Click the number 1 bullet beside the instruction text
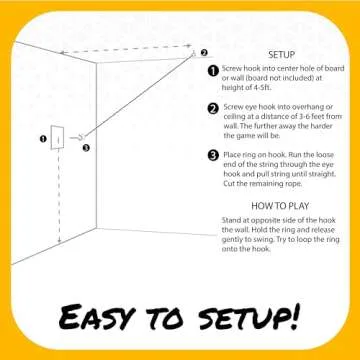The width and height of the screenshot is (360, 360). tap(213, 72)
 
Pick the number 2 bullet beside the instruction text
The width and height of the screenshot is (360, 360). tap(213, 108)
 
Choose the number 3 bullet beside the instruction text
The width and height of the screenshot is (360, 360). tap(213, 155)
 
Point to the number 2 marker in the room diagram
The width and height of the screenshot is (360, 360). tap(203, 53)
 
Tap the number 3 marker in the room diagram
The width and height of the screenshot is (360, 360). tap(86, 148)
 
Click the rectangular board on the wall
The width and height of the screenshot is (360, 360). tap(58, 140)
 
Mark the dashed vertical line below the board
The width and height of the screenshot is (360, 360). tap(59, 200)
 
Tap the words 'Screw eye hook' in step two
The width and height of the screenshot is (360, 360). tap(251, 107)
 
